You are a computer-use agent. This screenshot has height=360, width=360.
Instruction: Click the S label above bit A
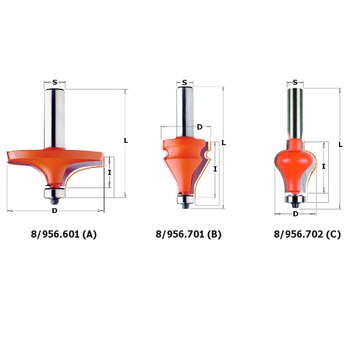pyautogui.click(x=55, y=82)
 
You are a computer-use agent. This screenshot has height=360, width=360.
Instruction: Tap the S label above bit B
pyautogui.click(x=185, y=82)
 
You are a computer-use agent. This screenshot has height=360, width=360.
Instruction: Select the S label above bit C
pyautogui.click(x=295, y=82)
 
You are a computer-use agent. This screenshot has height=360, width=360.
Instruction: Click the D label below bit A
pyautogui.click(x=55, y=211)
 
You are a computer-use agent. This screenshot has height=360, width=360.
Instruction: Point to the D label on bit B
pyautogui.click(x=200, y=127)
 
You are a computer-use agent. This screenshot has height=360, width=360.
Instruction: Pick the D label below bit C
pyautogui.click(x=295, y=214)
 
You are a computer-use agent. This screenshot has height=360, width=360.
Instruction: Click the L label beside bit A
pyautogui.click(x=126, y=140)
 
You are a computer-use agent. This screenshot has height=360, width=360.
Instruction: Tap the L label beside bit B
pyautogui.click(x=224, y=143)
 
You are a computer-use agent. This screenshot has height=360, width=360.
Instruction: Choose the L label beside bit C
pyautogui.click(x=340, y=145)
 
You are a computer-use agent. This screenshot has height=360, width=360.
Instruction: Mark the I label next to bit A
pyautogui.click(x=110, y=172)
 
